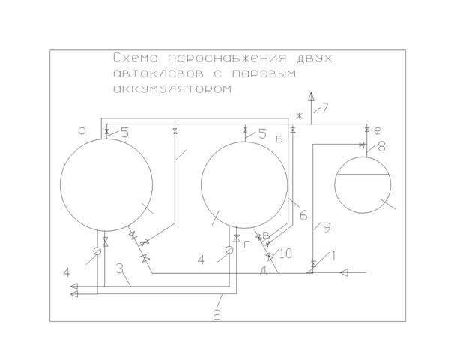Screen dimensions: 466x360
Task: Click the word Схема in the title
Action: (x=136, y=58)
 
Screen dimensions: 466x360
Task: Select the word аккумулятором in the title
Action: (x=172, y=88)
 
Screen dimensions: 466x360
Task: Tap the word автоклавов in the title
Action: (x=158, y=73)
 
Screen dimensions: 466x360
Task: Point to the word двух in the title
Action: (x=314, y=58)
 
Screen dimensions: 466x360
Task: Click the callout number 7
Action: (x=325, y=108)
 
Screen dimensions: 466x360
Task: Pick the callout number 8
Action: (x=381, y=147)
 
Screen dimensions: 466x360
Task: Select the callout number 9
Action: (x=327, y=228)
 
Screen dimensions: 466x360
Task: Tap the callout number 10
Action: (x=286, y=253)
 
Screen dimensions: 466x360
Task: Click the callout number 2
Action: (x=217, y=315)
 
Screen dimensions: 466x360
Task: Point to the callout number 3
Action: (x=119, y=268)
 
